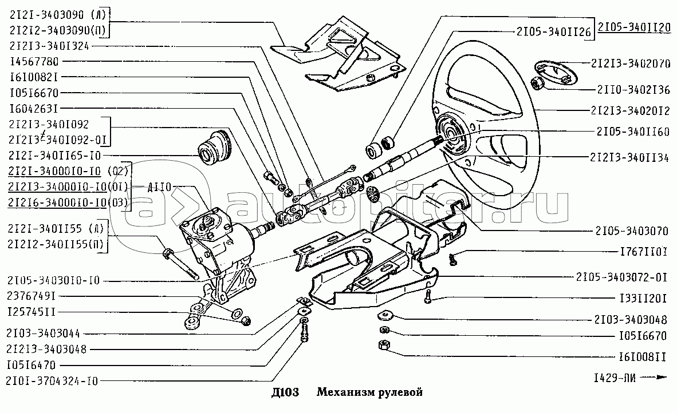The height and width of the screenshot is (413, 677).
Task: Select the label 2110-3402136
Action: coord(633,90)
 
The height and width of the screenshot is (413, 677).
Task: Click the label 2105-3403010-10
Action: coord(54,281)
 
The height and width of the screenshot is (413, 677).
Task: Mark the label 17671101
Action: coord(643,251)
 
